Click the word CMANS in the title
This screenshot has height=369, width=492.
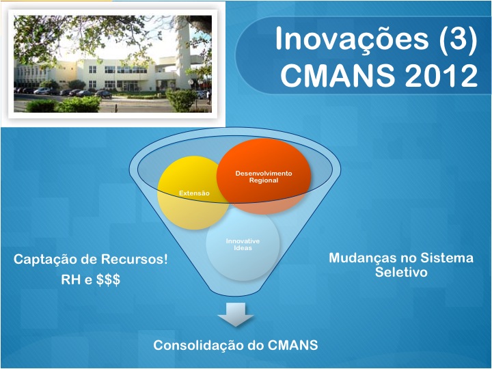[x=338, y=75]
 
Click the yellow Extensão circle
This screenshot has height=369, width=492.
[x=192, y=193]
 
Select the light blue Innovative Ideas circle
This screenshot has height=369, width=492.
[x=243, y=245]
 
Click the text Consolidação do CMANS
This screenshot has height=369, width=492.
[x=236, y=345]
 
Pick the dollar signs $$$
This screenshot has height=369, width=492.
[x=108, y=279]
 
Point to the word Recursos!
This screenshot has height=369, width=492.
[x=135, y=259]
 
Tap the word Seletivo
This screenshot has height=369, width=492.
[x=401, y=272]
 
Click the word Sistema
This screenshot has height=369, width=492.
[x=447, y=258]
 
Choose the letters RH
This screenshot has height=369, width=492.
[x=70, y=279]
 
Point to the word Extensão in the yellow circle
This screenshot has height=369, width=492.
[x=194, y=193]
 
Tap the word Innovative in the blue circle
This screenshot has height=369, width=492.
[x=243, y=241]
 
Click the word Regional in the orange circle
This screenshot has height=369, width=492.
[x=264, y=180]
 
